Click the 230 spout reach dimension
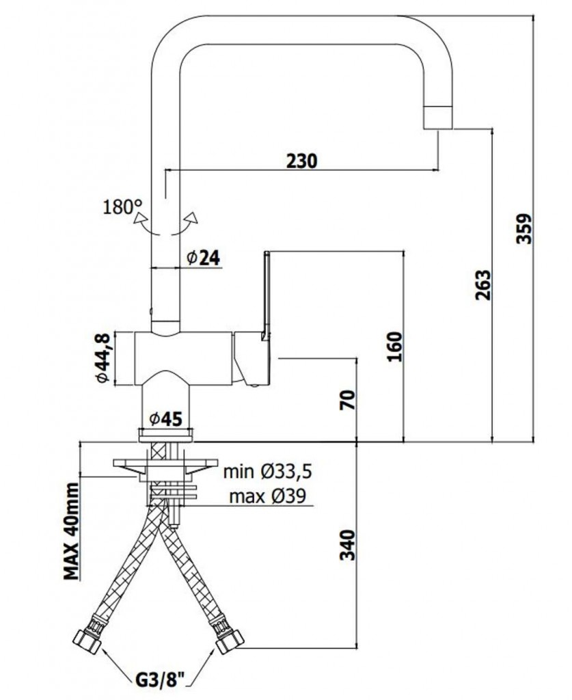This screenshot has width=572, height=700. (301, 161)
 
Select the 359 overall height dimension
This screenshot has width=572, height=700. (524, 228)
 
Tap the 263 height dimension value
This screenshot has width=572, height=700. (482, 285)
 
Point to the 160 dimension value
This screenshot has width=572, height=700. (394, 347)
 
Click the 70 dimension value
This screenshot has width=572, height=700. (349, 400)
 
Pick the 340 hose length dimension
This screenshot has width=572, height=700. (349, 545)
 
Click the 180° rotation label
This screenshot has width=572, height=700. (122, 207)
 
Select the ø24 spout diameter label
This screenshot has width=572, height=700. (204, 258)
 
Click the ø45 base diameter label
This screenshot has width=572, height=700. (166, 419)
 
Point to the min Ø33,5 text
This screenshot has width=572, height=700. (268, 472)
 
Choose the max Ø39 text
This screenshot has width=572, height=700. (268, 496)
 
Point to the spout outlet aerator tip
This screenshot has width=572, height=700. (437, 118)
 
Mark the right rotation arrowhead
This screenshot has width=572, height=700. (192, 217)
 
